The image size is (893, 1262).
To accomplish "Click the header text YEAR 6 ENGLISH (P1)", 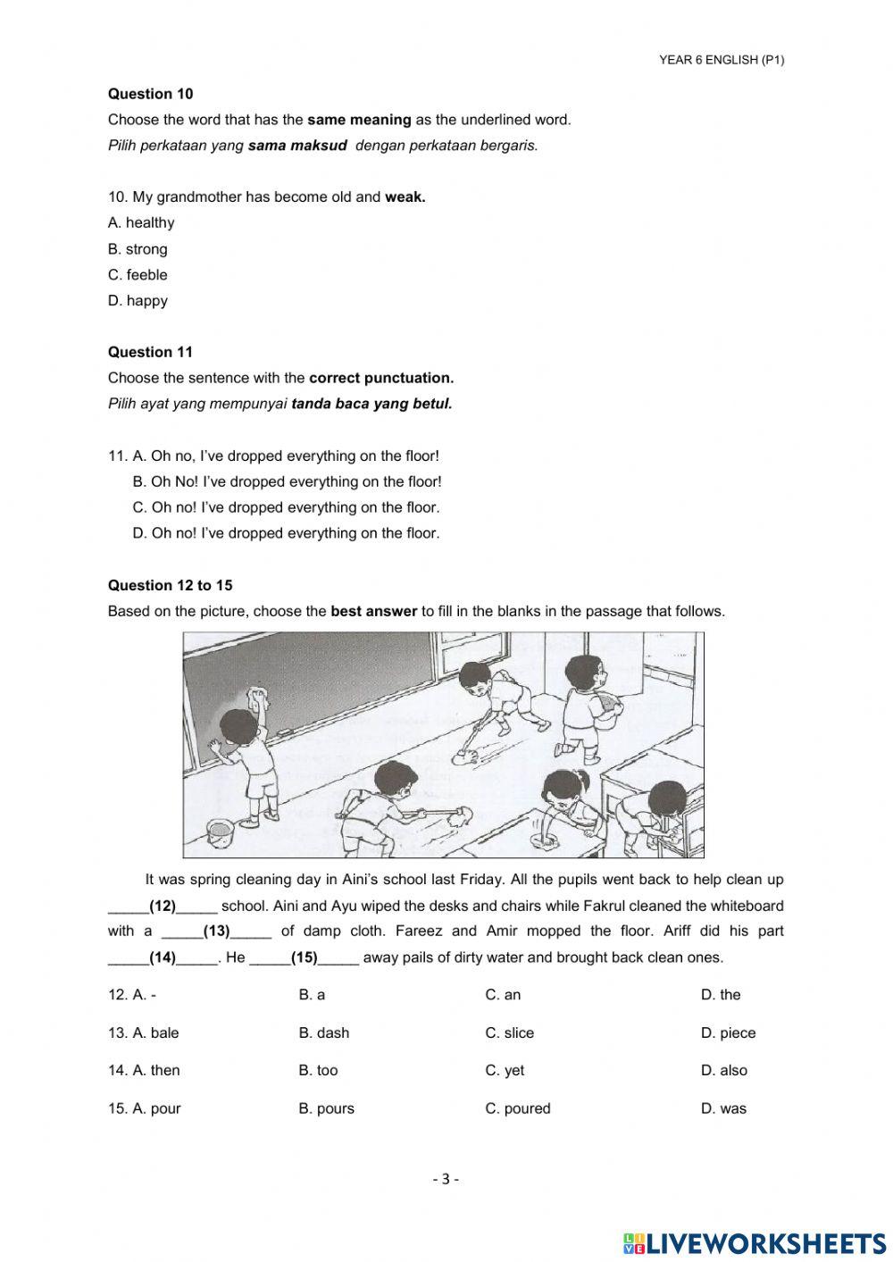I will [722, 60].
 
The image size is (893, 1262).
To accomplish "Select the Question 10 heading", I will [150, 94].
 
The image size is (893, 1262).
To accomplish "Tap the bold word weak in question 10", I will [405, 197].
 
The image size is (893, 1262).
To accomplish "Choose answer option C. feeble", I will [138, 275].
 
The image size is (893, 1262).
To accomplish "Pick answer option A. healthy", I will [141, 223].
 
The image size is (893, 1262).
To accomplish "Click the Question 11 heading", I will [150, 352].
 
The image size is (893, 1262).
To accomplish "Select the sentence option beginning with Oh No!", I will [287, 481].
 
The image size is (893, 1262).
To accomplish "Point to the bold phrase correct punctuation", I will [380, 378].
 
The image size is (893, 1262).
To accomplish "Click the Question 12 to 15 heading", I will [170, 586].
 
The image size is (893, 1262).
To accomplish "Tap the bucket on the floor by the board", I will [220, 833].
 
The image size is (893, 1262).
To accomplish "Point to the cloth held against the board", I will [261, 697].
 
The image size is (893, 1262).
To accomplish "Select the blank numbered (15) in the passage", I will [305, 957].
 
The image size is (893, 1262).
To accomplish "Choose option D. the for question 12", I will [721, 995].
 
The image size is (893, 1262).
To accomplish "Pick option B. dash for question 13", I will [323, 1033].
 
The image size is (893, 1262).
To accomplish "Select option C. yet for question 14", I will [505, 1071].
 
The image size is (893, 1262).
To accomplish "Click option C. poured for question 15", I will [517, 1109].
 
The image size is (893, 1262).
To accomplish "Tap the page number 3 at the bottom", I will [446, 1179].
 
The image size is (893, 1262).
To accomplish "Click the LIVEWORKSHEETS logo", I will [755, 1242].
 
